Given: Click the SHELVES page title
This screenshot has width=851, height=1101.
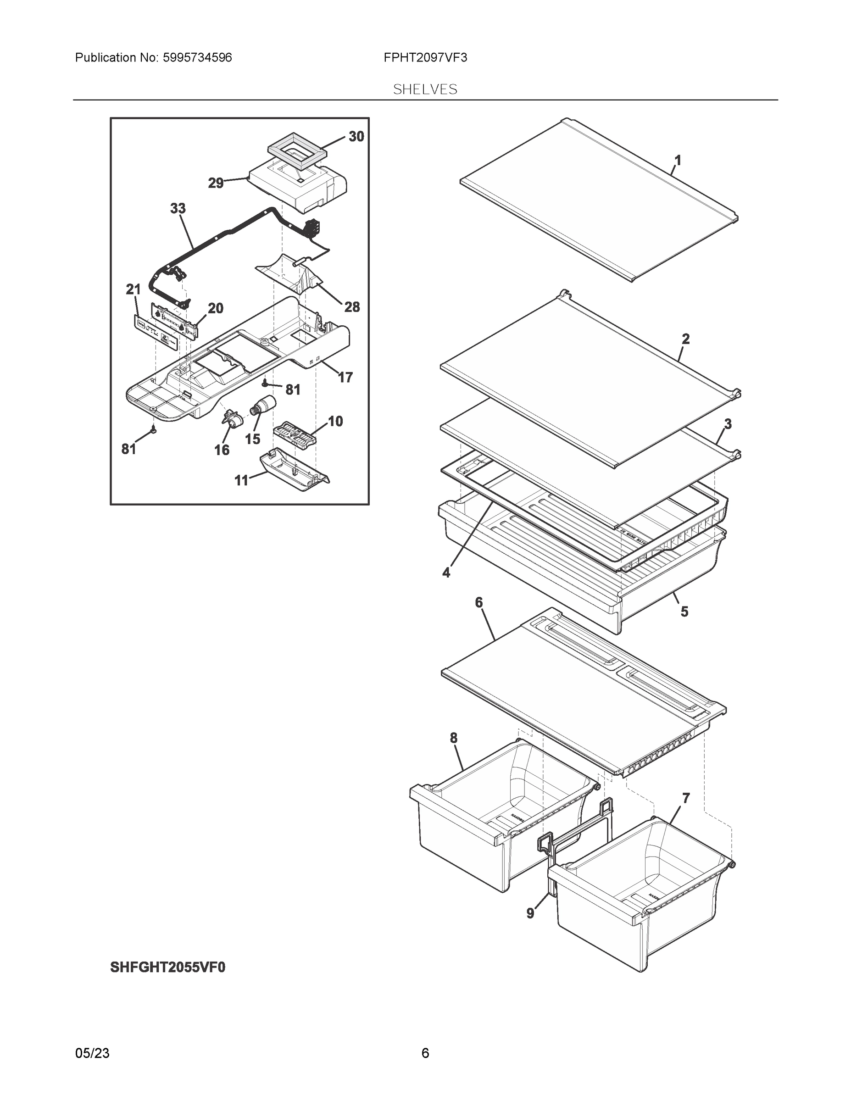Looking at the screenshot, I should tap(425, 89).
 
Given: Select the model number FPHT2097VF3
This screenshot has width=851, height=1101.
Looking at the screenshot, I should tap(425, 58).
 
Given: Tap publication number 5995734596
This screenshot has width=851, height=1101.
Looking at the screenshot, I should tap(197, 58).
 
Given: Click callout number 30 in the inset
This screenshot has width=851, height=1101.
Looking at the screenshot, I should tap(356, 137).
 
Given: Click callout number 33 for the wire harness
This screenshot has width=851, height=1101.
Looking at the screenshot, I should tap(178, 208).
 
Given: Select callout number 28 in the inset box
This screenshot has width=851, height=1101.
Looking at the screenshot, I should tap(352, 306).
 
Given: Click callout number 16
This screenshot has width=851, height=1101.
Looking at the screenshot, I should tap(222, 450).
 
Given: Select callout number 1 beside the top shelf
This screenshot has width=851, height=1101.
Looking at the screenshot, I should tap(678, 160).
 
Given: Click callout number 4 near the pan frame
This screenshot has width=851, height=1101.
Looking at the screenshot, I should tap(446, 573).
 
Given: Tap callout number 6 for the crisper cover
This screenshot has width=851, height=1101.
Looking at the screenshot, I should tap(478, 602).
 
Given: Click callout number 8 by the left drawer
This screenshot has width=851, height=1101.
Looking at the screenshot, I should tap(454, 738).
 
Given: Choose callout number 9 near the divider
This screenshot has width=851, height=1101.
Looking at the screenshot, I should tap(530, 913).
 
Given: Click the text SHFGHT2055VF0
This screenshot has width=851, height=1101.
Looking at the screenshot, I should tap(168, 968).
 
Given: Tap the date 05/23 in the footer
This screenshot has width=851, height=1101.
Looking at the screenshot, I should tap(92, 1053).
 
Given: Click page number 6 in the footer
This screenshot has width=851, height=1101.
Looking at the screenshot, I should tap(425, 1053).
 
